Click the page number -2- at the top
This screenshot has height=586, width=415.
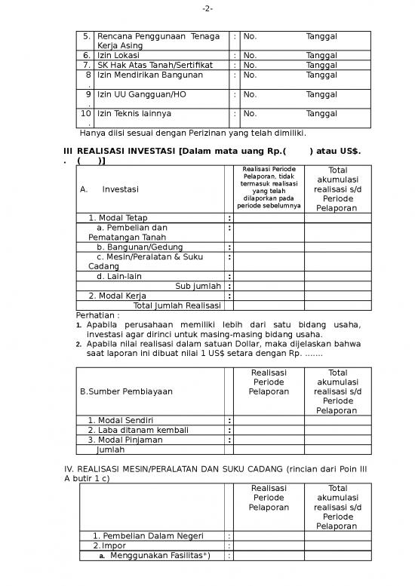tap(207, 9)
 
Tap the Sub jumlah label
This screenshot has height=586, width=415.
tap(198, 286)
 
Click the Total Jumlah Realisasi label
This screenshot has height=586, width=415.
tap(177, 305)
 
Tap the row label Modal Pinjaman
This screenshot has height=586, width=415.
tap(124, 440)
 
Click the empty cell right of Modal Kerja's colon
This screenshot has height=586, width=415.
tap(269, 296)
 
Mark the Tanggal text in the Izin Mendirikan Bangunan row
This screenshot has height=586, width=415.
tap(321, 75)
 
